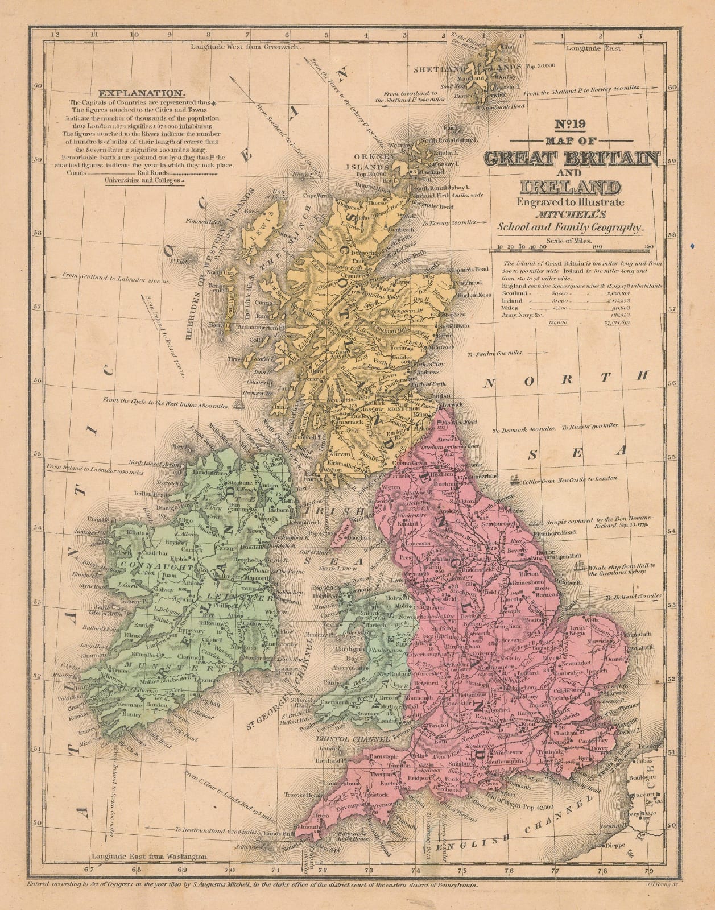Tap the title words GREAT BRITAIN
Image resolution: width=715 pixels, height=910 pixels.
coord(572,159)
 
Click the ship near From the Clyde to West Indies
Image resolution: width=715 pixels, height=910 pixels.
coord(241,405)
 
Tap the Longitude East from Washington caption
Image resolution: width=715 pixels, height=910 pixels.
coord(149,856)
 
